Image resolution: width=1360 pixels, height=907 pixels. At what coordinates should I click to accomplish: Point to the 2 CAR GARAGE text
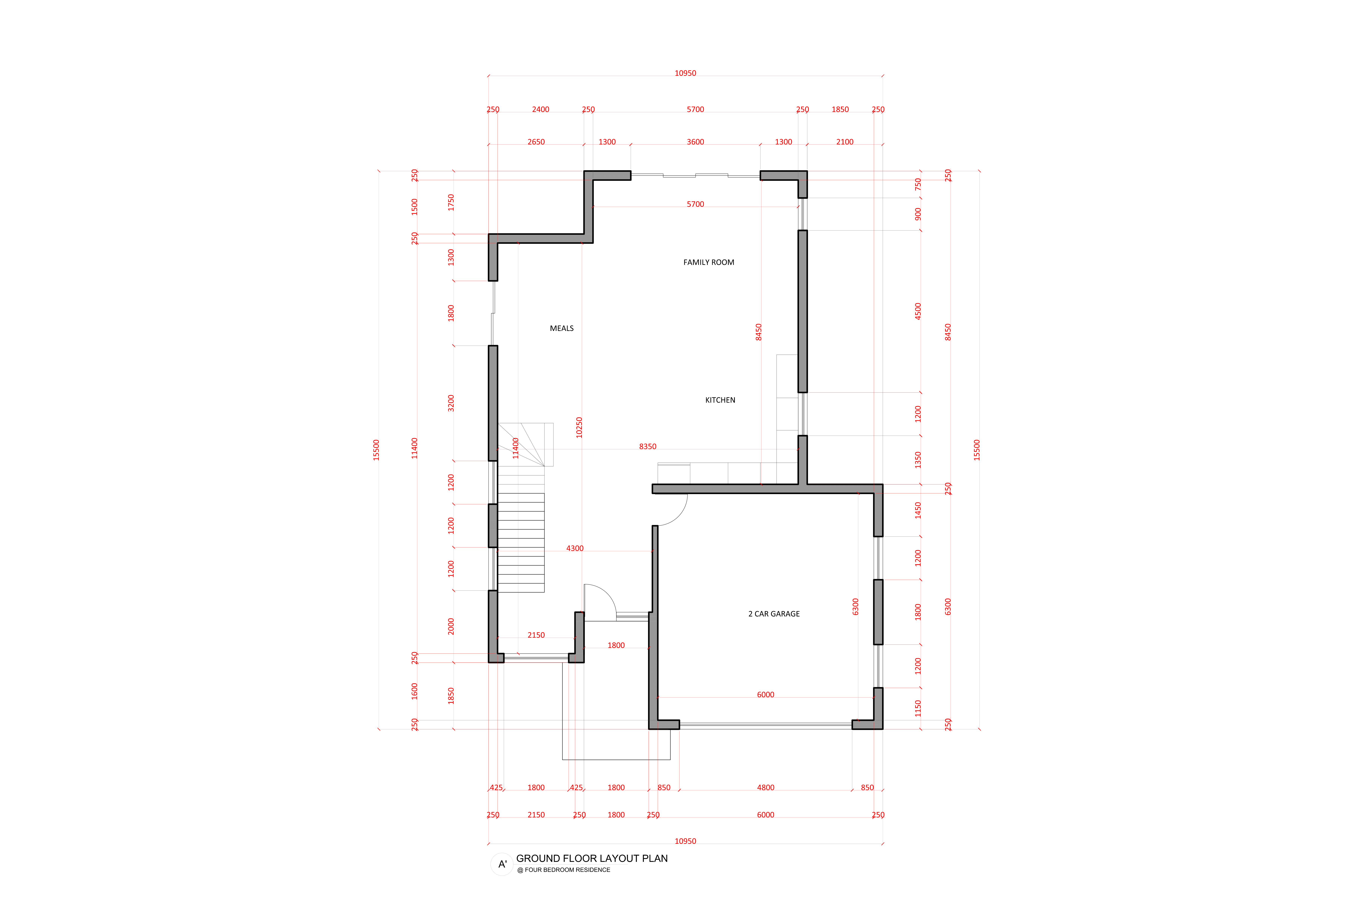click(774, 614)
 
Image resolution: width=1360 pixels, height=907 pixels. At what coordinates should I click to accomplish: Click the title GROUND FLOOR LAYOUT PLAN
click(592, 858)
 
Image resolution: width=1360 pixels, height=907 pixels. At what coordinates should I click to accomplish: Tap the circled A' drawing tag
click(502, 864)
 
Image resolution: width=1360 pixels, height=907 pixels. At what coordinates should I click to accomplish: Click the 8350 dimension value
click(648, 447)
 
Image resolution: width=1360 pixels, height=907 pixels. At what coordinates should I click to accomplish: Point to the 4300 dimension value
click(575, 548)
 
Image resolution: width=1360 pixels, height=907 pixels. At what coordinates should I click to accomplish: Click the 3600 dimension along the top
click(695, 142)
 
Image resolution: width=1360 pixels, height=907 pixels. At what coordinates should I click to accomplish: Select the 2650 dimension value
click(536, 142)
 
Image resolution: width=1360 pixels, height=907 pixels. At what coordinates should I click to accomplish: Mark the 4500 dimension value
click(918, 311)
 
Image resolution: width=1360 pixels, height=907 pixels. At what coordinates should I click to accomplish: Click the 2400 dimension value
click(541, 109)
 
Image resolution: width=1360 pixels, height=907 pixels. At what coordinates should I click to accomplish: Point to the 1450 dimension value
click(918, 510)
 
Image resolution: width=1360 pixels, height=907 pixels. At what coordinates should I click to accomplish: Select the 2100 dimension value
click(845, 142)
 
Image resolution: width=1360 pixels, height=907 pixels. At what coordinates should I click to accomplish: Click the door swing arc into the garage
click(679, 517)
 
